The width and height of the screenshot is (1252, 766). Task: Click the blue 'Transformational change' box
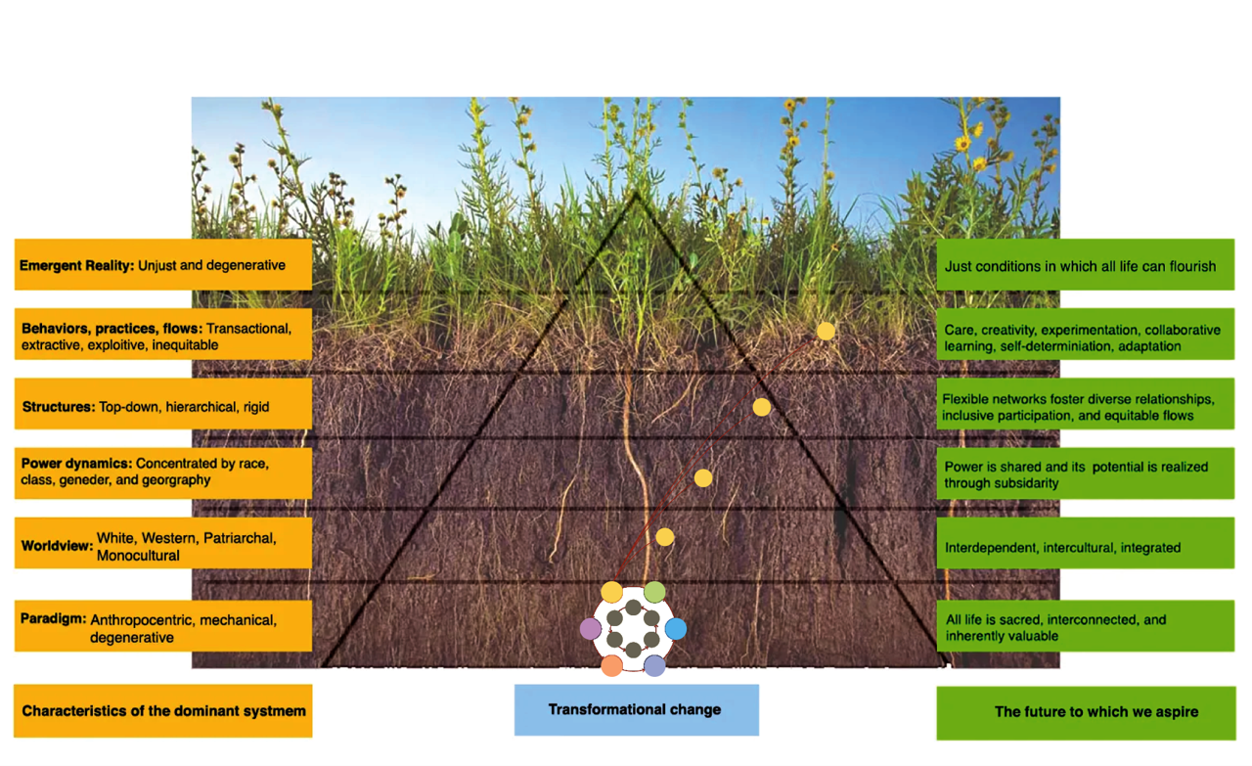636,709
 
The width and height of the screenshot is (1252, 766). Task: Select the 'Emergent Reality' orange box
162,264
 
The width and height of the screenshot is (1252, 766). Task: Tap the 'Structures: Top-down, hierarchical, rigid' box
162,406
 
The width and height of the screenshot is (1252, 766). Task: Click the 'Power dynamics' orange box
162,473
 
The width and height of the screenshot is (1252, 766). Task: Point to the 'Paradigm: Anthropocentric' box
162,627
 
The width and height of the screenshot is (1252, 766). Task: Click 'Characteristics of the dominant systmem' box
162,710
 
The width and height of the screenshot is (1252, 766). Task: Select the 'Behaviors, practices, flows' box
162,336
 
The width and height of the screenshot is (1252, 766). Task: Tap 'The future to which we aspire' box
1085,711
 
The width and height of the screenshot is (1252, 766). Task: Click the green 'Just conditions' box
1085,265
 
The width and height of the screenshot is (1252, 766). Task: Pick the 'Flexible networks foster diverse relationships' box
1085,407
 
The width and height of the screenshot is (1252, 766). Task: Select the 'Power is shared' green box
1085,474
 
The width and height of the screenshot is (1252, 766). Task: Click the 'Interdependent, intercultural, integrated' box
1085,547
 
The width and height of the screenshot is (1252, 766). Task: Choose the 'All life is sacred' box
1085,627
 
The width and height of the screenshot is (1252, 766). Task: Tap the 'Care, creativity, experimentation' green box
1085,338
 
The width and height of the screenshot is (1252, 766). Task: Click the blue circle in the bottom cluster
676,628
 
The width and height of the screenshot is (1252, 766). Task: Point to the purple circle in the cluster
591,628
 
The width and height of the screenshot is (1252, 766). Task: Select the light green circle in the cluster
654,591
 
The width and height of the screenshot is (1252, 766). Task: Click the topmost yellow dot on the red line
826,331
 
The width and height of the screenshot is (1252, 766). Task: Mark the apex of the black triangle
636,193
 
